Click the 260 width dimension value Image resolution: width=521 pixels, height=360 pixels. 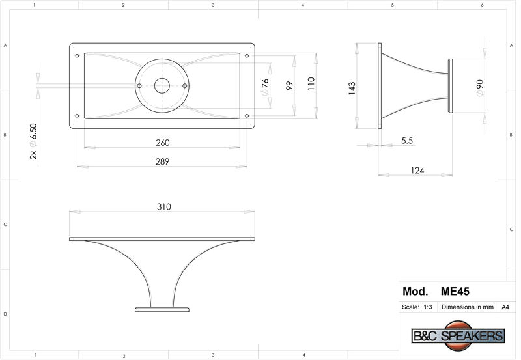(x=162, y=143)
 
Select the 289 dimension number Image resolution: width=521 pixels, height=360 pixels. (x=162, y=161)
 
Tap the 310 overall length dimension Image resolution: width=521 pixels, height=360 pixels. (x=164, y=206)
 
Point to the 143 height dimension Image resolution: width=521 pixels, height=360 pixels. (x=352, y=89)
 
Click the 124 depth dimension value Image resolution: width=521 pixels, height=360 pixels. (x=417, y=171)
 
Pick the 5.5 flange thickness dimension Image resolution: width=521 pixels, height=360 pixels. (x=406, y=141)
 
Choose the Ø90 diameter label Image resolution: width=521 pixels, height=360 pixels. (x=479, y=88)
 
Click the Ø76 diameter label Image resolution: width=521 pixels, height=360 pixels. (x=265, y=87)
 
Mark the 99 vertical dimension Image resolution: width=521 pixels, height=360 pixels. (x=289, y=86)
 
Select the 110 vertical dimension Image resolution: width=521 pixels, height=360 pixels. (x=311, y=84)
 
